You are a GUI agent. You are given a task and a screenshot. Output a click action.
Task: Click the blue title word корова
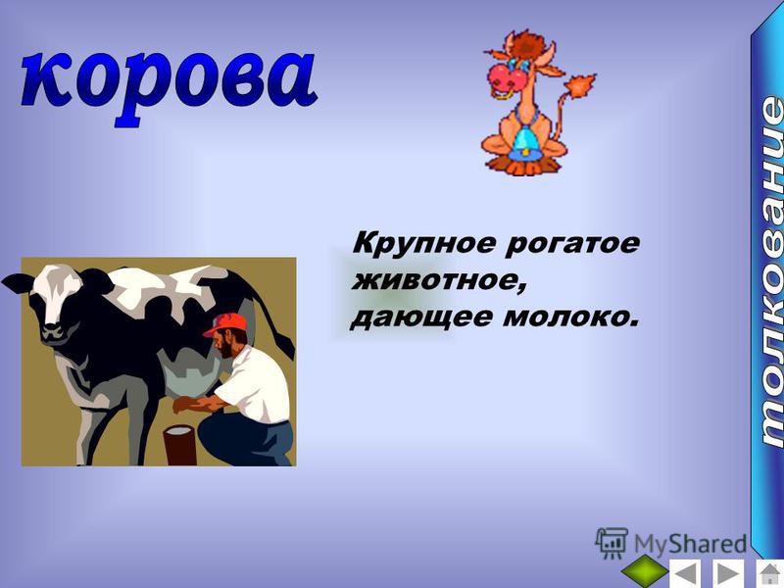[x=169, y=81]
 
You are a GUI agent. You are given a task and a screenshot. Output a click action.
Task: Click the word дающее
[x=421, y=318]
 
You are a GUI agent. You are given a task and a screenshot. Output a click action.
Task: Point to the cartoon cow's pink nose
[x=507, y=76]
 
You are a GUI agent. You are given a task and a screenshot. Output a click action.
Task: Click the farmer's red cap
[x=225, y=324]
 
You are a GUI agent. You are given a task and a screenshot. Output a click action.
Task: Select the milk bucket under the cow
[x=179, y=445]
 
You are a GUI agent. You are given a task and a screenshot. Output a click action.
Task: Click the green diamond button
[x=646, y=571]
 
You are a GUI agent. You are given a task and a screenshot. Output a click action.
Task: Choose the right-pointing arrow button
[x=726, y=573]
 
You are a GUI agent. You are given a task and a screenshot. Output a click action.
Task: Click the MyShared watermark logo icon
[x=612, y=543]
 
